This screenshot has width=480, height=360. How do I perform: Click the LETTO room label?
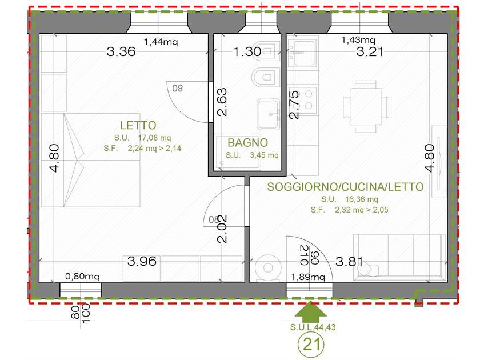[x=138, y=125]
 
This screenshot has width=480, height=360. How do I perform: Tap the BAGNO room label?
[x=247, y=143]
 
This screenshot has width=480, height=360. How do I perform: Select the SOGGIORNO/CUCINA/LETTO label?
[x=345, y=187]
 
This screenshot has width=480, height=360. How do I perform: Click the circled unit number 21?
[x=311, y=344]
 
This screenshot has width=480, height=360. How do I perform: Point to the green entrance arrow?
[x=311, y=311]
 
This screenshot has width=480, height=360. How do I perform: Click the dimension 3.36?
[x=121, y=51]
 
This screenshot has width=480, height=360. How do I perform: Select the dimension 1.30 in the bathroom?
[x=247, y=51]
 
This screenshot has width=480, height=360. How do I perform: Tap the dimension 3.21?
[x=370, y=51]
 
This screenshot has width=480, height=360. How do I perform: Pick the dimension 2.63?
[x=222, y=102]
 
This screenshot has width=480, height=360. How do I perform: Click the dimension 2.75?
[x=294, y=105]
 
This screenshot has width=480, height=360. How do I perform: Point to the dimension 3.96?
[x=142, y=261]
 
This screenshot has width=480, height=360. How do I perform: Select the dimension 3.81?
[x=349, y=262]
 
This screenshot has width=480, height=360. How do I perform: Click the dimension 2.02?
[x=222, y=229]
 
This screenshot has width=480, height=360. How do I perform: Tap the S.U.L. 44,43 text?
[x=313, y=327]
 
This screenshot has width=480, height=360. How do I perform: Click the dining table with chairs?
[x=366, y=106]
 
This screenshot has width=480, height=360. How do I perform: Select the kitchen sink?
[x=303, y=53]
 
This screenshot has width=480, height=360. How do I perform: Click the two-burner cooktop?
[x=309, y=99]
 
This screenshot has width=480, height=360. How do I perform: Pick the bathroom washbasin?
[x=269, y=114]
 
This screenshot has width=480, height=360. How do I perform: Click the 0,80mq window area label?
[x=82, y=277]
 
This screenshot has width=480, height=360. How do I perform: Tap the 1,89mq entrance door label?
[x=307, y=277]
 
